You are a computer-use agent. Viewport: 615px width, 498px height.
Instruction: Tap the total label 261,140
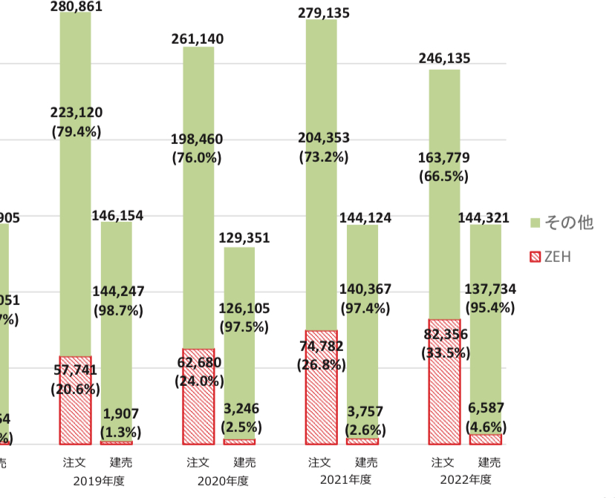(x=198, y=39)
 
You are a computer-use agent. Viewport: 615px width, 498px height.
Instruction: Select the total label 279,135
(x=323, y=13)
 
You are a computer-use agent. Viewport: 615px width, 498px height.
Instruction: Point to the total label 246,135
(x=444, y=59)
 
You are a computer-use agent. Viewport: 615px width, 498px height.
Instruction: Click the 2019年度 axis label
(x=99, y=481)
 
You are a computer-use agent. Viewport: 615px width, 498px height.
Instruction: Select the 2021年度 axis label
(x=345, y=480)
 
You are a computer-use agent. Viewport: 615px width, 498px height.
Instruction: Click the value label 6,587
(x=486, y=408)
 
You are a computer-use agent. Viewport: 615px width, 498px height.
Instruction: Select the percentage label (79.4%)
(x=77, y=131)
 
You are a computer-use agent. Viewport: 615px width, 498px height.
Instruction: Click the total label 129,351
(x=244, y=238)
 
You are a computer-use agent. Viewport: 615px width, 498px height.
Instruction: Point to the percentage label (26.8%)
(x=322, y=364)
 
